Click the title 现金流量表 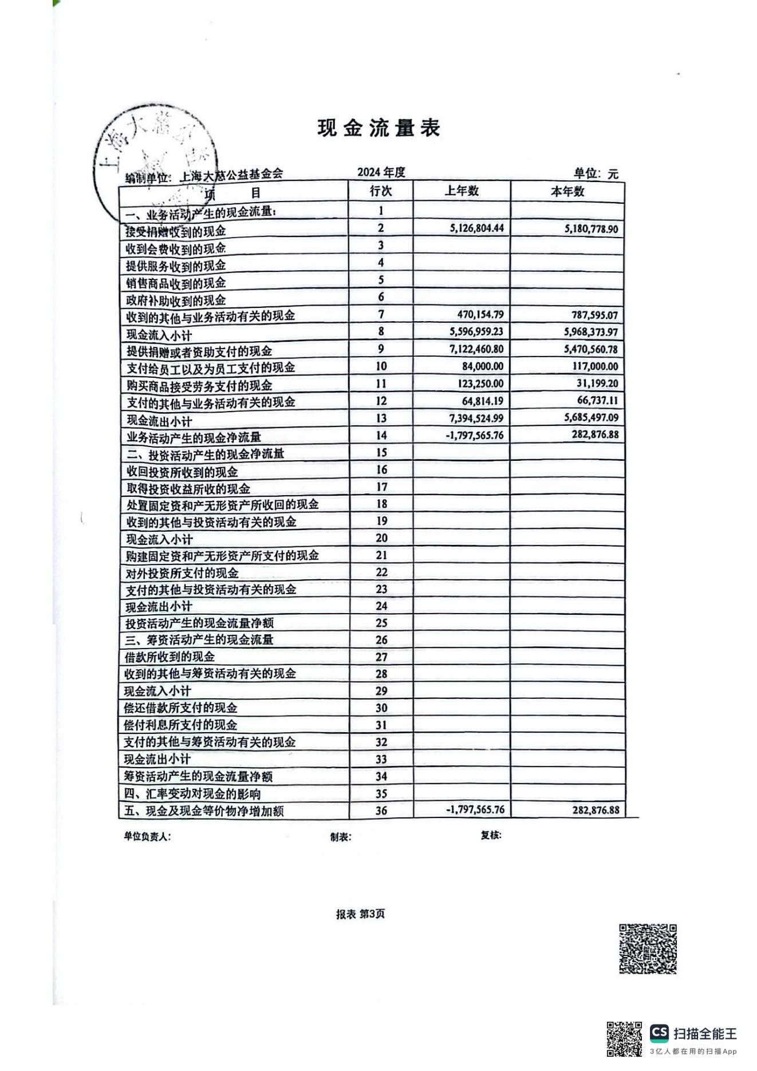[379, 128]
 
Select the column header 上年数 [461, 191]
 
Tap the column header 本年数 [567, 192]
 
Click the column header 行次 [381, 191]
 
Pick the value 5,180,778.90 [590, 229]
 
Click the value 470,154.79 [480, 314]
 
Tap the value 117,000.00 [595, 366]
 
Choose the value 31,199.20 [597, 384]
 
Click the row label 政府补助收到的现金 [176, 300]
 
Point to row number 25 [381, 623]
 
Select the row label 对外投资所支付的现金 [182, 573]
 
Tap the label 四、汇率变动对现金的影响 [192, 794]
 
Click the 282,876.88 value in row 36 [595, 810]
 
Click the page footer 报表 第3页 [360, 914]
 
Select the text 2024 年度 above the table [381, 172]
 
